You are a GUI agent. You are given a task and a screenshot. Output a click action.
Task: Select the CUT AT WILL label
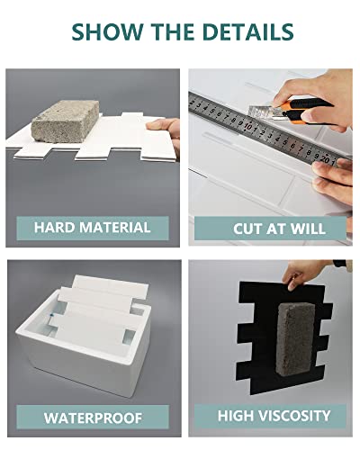pyautogui.click(x=267, y=226)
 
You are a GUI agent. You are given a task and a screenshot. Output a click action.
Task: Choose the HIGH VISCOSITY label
pyautogui.click(x=267, y=416)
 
